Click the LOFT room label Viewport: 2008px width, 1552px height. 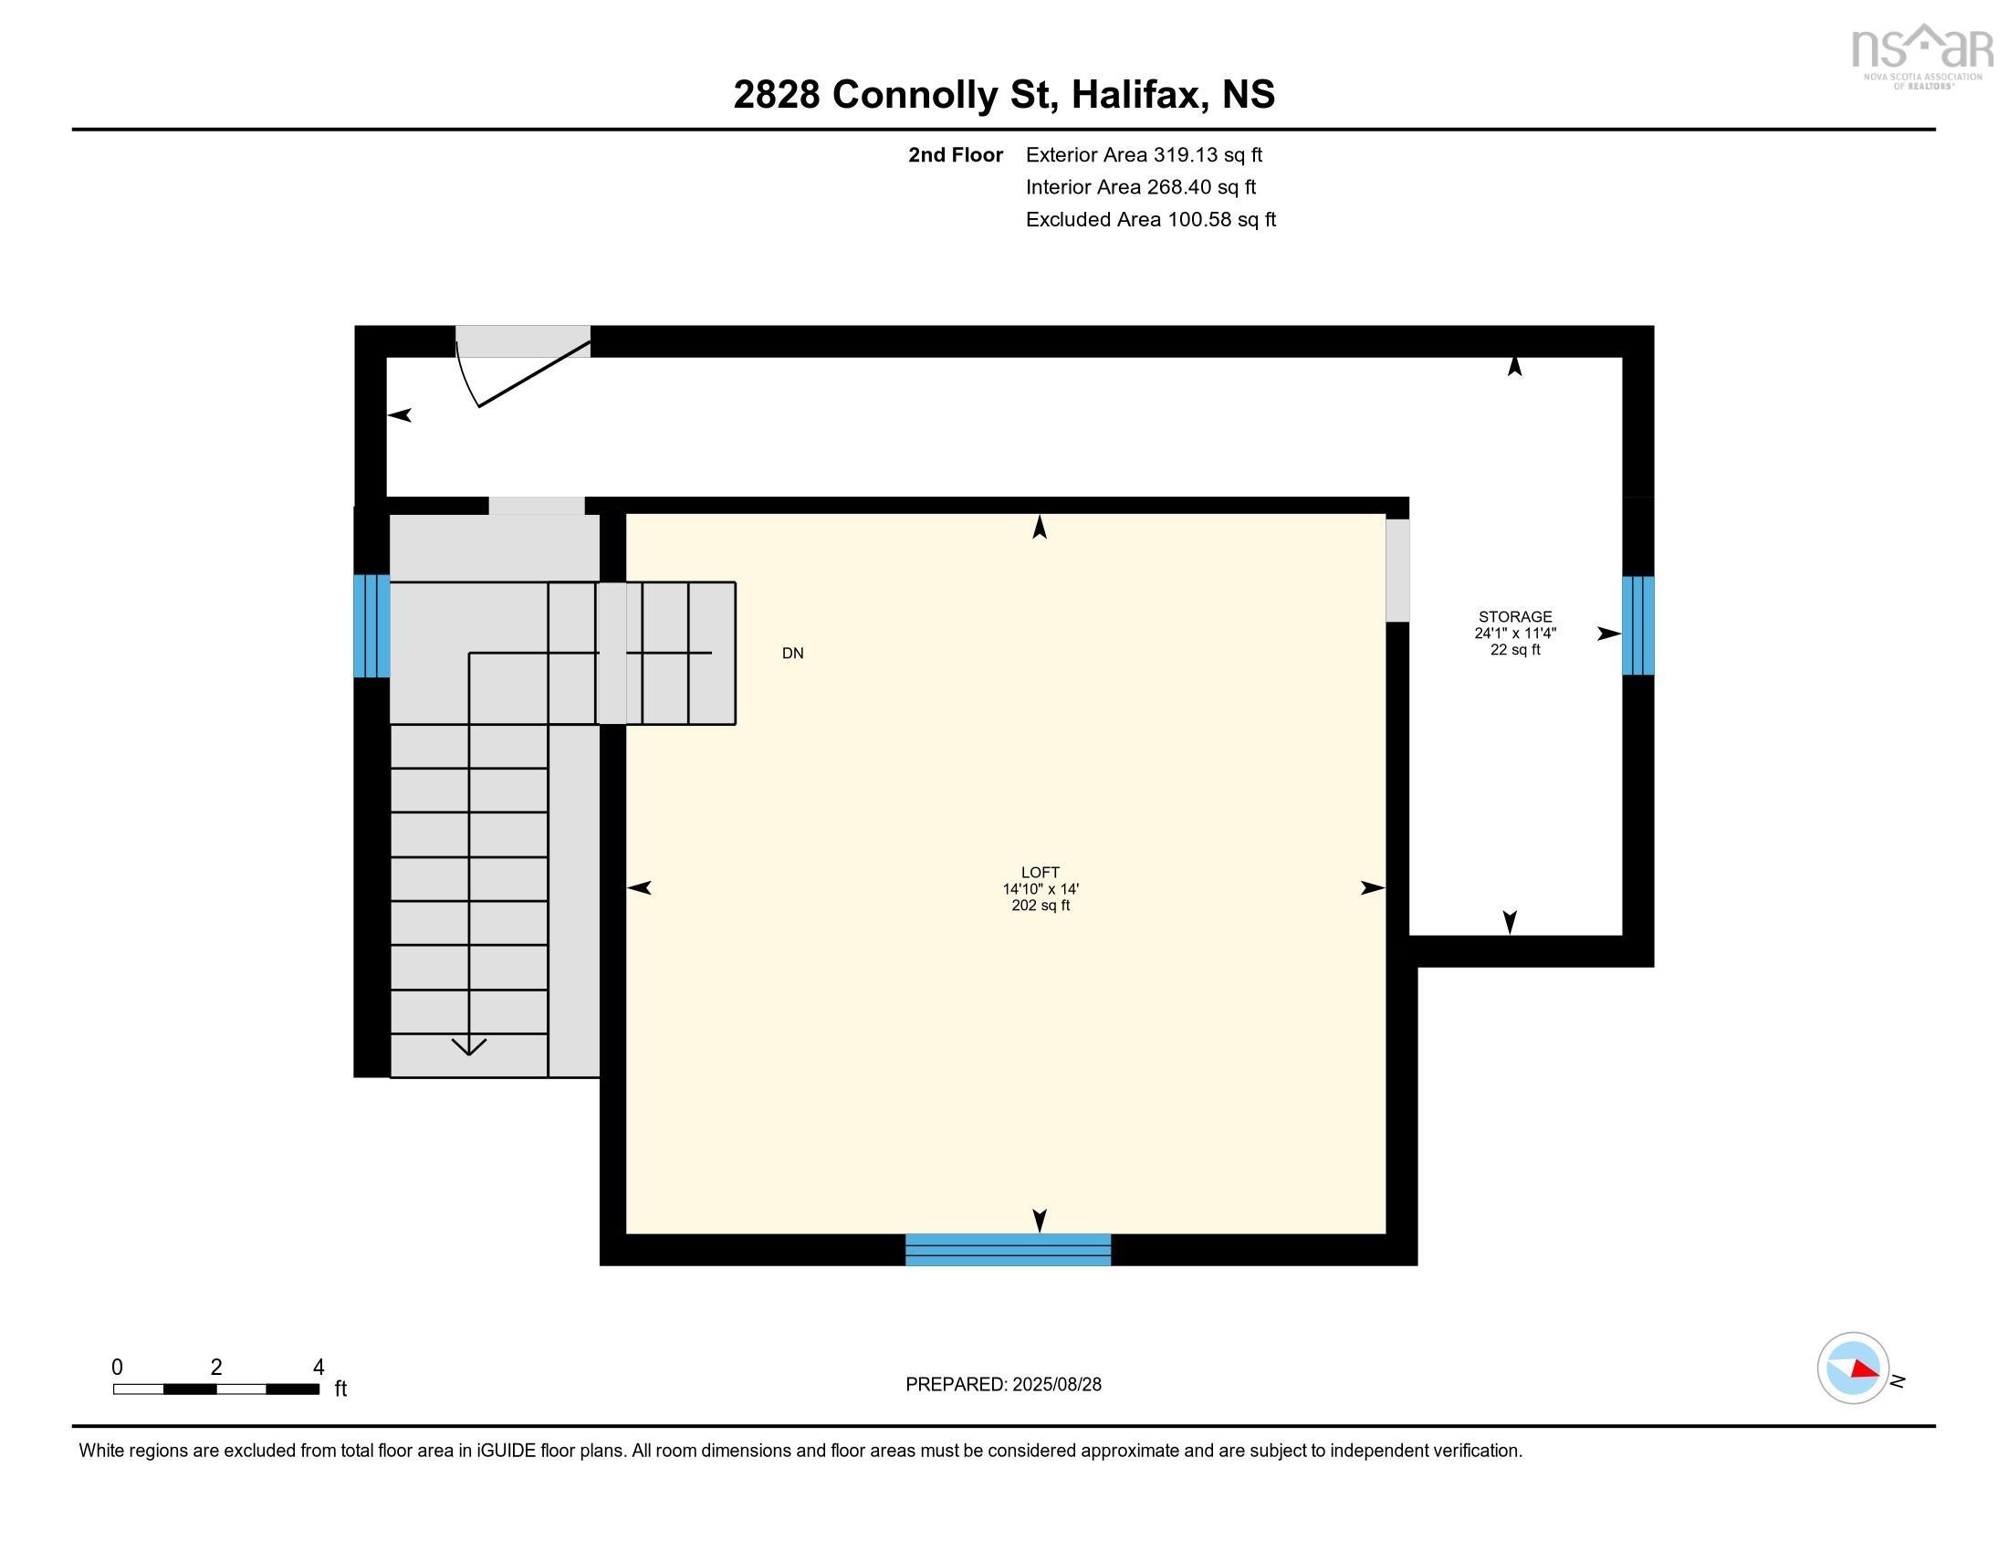pyautogui.click(x=1040, y=872)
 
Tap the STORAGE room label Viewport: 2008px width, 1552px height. pyautogui.click(x=1514, y=616)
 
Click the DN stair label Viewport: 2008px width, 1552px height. pyautogui.click(x=792, y=653)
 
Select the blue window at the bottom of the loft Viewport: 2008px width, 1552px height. pyautogui.click(x=1008, y=1250)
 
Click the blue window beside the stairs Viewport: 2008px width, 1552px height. pyautogui.click(x=371, y=625)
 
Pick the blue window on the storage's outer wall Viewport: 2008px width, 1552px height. pyautogui.click(x=1637, y=625)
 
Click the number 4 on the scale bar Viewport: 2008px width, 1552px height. pyautogui.click(x=319, y=1368)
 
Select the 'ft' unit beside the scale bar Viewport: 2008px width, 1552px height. pyautogui.click(x=340, y=1389)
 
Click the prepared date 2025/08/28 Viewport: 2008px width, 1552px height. pyautogui.click(x=1056, y=1384)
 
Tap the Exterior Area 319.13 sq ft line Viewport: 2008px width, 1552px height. pyautogui.click(x=1143, y=154)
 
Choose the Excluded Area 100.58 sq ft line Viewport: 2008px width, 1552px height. pyautogui.click(x=1150, y=219)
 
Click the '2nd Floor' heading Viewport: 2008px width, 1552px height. pyautogui.click(x=955, y=154)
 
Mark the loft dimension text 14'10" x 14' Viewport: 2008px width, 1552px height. pyautogui.click(x=1040, y=889)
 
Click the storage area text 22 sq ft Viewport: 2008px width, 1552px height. pyautogui.click(x=1514, y=649)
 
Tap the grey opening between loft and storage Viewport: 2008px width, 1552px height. pyautogui.click(x=1396, y=570)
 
